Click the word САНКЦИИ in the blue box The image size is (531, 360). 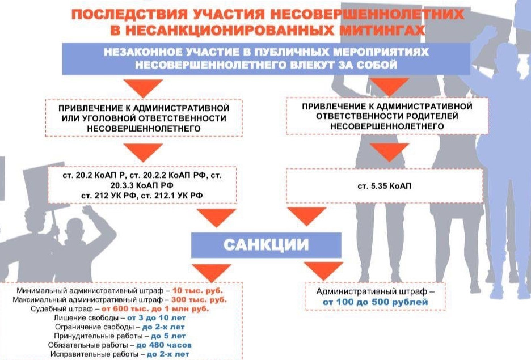[265, 244]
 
